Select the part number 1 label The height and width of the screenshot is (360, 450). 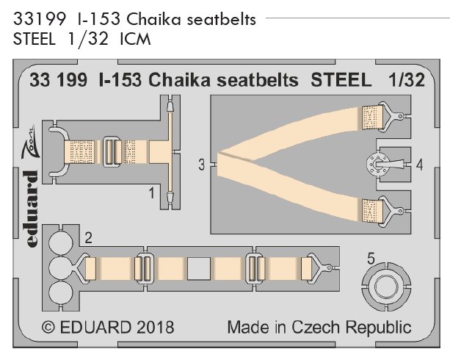tap(150, 193)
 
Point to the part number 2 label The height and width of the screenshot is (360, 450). tap(87, 237)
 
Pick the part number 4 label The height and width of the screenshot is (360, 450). tap(418, 165)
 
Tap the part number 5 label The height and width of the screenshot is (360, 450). tap(371, 258)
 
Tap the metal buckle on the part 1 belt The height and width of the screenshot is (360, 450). tap(112, 153)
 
